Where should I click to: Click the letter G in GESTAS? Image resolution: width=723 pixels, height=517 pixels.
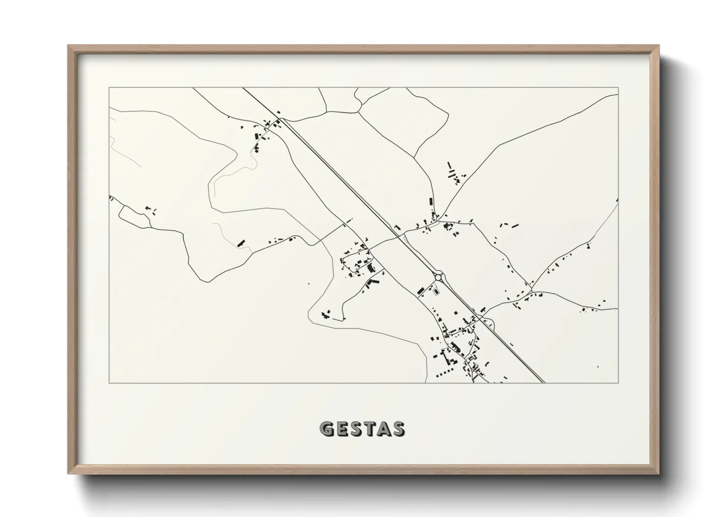326,429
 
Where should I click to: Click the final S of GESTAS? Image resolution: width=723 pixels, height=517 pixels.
399,429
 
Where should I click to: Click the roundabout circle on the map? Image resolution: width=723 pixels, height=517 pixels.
439,277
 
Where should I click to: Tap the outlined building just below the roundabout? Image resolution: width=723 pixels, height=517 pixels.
436,292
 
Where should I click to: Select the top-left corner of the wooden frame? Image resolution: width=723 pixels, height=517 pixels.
69,46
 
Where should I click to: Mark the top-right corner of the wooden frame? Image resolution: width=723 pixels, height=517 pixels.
659,46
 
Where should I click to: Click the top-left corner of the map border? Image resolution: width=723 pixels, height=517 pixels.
109,88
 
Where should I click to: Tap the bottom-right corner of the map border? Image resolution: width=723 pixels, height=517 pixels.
618,383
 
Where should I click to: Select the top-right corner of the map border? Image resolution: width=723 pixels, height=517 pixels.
618,88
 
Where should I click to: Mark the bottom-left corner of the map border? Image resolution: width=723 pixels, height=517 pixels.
109,383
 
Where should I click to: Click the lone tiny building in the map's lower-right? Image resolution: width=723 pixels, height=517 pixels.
598,366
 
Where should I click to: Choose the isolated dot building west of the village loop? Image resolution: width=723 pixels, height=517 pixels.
308,283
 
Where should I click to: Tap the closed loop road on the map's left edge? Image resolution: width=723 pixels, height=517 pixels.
133,216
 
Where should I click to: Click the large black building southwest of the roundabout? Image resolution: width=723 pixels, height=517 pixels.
420,290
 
